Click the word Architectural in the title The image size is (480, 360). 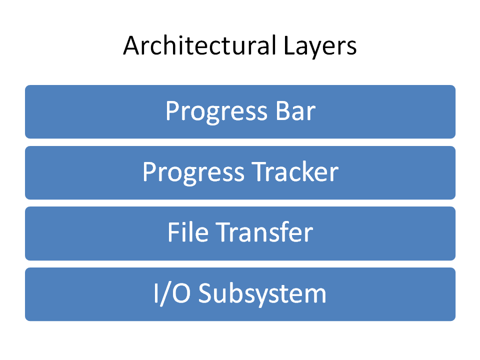(199, 45)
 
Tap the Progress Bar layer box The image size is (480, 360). (240, 111)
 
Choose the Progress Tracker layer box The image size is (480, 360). (240, 172)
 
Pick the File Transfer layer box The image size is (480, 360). (240, 233)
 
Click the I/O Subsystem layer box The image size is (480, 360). (240, 294)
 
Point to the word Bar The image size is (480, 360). (295, 111)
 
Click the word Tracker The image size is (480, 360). (295, 171)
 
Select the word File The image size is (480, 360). (188, 231)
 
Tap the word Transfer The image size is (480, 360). (264, 231)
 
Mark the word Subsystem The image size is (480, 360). (262, 294)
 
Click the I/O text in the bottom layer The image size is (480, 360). (172, 293)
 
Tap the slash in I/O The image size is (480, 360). (165, 294)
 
